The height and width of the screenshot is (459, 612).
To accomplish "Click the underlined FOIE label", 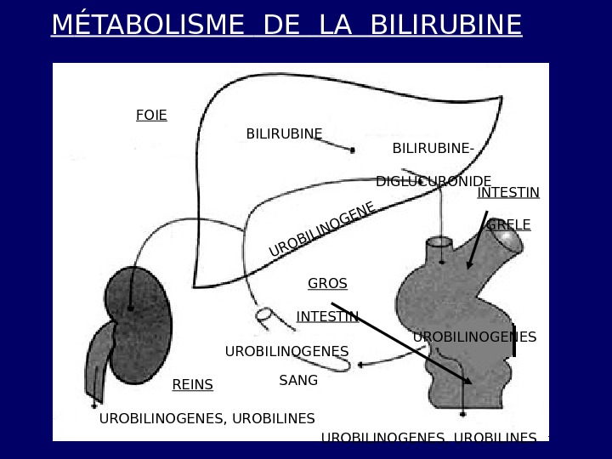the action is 151,115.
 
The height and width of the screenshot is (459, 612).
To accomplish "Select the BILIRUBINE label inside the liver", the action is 284,133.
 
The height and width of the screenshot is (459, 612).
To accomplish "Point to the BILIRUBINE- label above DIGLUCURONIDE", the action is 433,149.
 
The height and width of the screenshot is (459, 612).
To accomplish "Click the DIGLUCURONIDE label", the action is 433,181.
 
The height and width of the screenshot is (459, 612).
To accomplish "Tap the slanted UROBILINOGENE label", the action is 322,229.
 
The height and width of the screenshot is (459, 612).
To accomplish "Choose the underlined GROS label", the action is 327,283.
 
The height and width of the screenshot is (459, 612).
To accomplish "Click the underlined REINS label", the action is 192,385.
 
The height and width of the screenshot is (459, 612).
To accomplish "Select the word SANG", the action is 298,381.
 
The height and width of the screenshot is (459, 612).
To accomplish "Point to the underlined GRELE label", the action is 508,225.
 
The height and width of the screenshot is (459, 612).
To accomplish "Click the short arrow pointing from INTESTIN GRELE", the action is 478,240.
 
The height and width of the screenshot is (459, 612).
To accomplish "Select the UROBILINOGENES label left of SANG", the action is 286,351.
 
